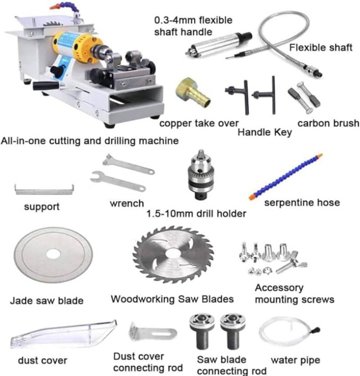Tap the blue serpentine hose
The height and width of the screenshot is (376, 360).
pos(285,177)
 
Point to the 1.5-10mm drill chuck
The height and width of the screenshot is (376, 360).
pos(201,175)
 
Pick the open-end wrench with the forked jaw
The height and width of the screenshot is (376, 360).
pos(118,181)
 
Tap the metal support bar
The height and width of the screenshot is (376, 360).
pos(44,190)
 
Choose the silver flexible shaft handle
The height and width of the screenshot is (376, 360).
pos(219,44)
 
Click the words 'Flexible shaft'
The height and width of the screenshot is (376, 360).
pos(321,48)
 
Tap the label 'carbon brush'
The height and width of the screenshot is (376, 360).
pos(328,123)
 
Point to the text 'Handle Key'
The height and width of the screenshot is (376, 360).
pos(265,133)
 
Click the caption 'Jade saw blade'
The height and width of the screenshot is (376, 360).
pos(47,301)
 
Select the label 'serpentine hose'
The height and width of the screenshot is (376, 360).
pos(302,203)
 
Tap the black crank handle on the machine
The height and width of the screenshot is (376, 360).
pos(46,86)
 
